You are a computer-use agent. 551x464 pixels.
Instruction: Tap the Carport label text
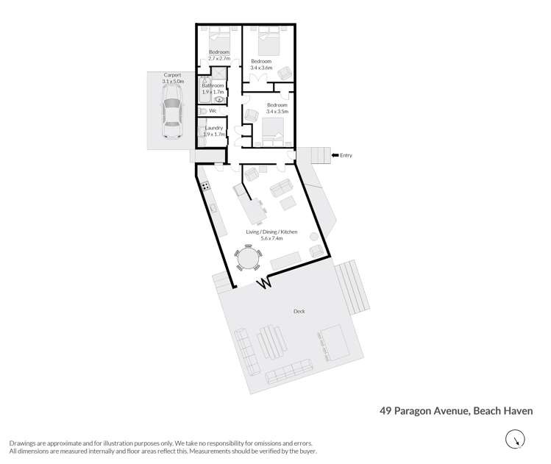click(x=172, y=75)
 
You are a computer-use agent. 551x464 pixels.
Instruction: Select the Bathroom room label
click(x=213, y=86)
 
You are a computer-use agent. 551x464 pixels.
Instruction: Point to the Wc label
click(x=213, y=111)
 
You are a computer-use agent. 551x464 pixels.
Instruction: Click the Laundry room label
click(x=213, y=128)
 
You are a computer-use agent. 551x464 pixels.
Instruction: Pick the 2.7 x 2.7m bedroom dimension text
click(x=218, y=58)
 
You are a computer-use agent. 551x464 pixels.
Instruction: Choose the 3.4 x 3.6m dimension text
click(x=261, y=67)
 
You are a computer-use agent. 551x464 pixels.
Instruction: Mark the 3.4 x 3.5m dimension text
click(x=277, y=111)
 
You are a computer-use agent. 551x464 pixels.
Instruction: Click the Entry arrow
click(x=335, y=155)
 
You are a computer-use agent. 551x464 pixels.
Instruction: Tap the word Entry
click(x=346, y=155)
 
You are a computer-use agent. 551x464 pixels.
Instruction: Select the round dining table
click(x=247, y=258)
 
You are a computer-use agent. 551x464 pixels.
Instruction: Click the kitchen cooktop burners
click(x=205, y=186)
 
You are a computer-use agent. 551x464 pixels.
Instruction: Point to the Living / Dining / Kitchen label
click(x=271, y=232)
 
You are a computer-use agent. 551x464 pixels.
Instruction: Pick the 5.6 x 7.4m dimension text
click(x=271, y=238)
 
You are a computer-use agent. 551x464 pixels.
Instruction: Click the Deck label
click(x=299, y=311)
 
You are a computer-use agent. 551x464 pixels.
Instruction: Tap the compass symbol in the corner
click(x=516, y=440)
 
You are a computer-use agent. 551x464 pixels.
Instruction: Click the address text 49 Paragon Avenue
click(x=422, y=411)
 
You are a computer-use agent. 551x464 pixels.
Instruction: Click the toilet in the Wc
click(x=202, y=111)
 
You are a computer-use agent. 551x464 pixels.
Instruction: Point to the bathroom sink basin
click(x=218, y=99)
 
